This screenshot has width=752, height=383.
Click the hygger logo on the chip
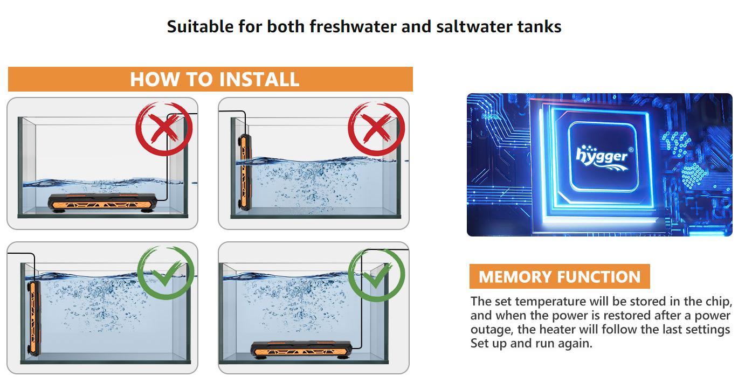pos(602,156)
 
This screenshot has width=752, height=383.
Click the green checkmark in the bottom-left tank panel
pos(165,273)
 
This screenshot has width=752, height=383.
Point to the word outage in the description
pos(489,329)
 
